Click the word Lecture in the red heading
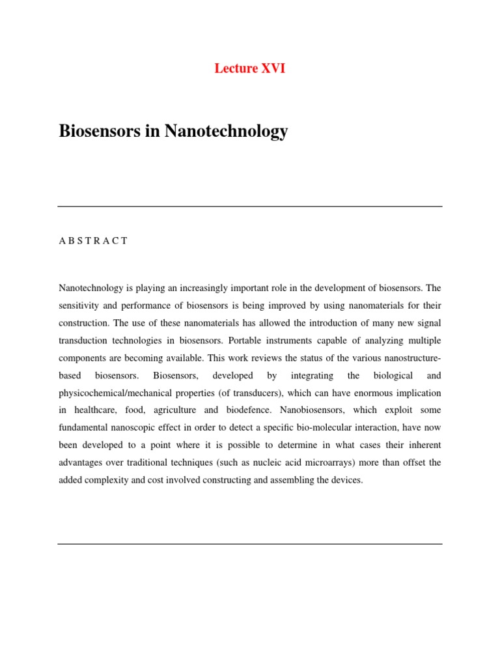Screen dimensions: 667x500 pyautogui.click(x=236, y=68)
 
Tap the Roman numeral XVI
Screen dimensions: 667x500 pyautogui.click(x=273, y=68)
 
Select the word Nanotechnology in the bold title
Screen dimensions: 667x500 pyautogui.click(x=226, y=131)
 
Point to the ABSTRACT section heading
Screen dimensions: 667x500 pyautogui.click(x=93, y=241)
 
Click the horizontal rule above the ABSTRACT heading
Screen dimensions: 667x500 pyautogui.click(x=250, y=206)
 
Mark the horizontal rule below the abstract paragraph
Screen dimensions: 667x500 pyautogui.click(x=250, y=544)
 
